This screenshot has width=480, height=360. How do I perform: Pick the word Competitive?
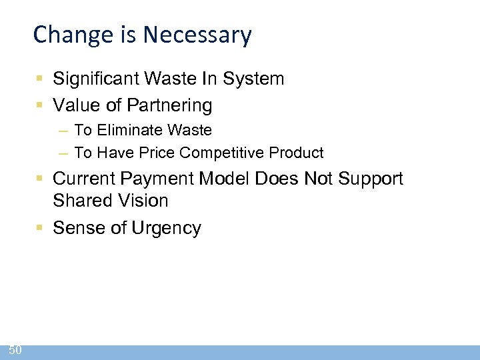click(x=223, y=153)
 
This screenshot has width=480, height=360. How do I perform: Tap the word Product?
click(x=297, y=153)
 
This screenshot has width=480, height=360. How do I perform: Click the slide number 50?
click(x=15, y=350)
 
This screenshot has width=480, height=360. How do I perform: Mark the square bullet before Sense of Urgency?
click(x=41, y=228)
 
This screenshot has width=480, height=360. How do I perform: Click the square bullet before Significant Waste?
click(x=41, y=79)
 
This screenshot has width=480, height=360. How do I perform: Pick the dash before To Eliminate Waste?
click(x=63, y=131)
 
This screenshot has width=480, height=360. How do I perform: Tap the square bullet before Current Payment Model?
click(x=41, y=179)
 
